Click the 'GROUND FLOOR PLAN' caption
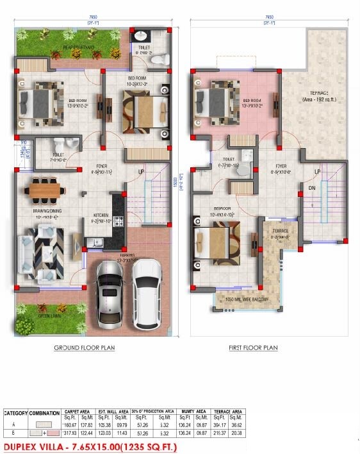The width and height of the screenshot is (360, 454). tap(84, 348)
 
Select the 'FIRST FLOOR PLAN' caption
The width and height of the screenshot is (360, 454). tap(253, 348)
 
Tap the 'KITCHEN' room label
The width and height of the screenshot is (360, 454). tap(101, 215)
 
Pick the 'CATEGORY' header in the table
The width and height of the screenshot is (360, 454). tap(17, 414)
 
